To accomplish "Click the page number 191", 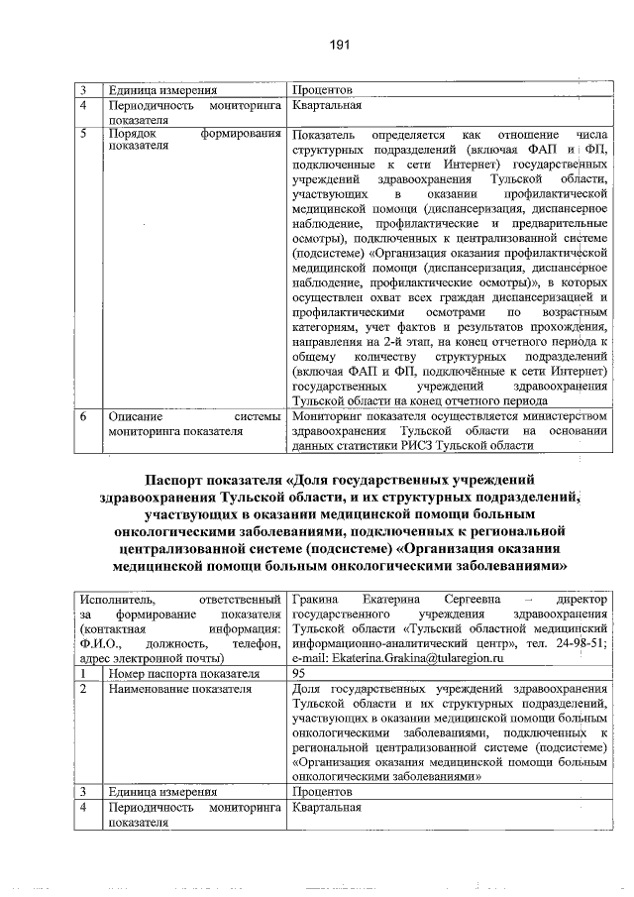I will [341, 44].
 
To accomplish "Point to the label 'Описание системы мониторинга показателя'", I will [195, 424].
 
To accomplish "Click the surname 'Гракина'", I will [317, 599].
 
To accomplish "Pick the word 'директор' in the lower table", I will [581, 599].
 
